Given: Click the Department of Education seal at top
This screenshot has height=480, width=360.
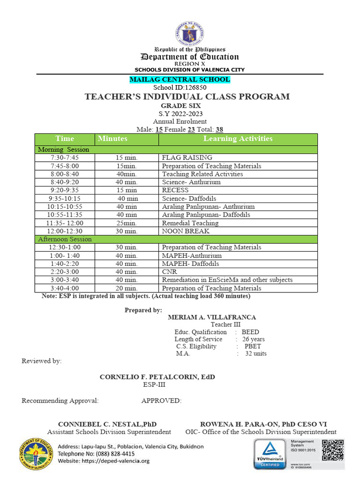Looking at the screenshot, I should click(190, 33).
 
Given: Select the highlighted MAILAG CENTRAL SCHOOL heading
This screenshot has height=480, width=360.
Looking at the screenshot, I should click(180, 79).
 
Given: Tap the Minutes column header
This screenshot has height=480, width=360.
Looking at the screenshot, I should click(112, 139).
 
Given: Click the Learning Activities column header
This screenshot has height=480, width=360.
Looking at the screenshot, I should click(238, 139).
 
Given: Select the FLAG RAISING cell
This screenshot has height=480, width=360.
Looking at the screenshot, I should click(187, 157).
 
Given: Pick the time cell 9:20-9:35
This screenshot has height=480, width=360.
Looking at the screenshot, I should click(65, 190).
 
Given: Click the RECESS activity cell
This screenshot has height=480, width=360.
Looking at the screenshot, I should click(175, 190).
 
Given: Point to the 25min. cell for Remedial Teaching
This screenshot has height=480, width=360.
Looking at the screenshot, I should click(127, 223).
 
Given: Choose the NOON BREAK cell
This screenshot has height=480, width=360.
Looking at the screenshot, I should click(186, 231).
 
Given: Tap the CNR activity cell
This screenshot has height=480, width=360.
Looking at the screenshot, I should click(169, 272).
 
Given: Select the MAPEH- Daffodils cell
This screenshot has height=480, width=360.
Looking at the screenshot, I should click(190, 264).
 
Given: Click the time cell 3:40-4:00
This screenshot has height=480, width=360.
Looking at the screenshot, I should click(65, 288).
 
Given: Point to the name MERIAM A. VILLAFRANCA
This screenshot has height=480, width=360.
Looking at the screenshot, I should click(212, 317).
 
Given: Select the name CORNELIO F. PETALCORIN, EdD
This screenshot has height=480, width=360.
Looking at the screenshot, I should click(157, 377).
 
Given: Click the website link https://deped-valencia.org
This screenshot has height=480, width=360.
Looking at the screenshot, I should click(104, 461).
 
